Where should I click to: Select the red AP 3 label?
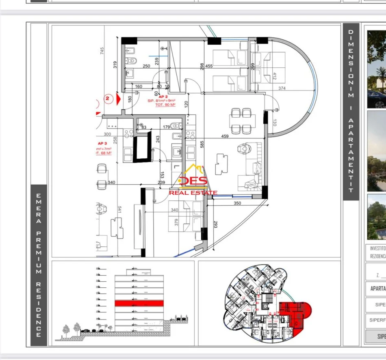click(x=102, y=143)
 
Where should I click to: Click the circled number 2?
click(x=108, y=98)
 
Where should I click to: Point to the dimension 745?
click(x=102, y=50)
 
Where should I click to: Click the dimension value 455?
click(x=209, y=66)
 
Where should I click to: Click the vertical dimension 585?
click(x=202, y=144)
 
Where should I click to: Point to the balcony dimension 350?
click(x=238, y=203)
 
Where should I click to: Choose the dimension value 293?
click(x=216, y=224)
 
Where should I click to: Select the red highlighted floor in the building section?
click(x=139, y=303)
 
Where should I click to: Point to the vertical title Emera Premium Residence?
click(x=39, y=266)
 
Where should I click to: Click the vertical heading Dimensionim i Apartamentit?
click(x=351, y=111)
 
